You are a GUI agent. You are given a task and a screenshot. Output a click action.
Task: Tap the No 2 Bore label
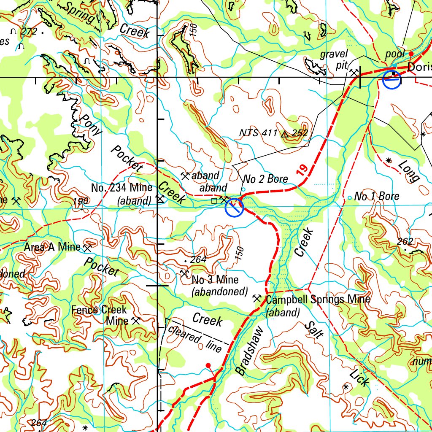point(265,179)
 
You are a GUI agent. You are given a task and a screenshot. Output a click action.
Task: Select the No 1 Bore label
point(376,196)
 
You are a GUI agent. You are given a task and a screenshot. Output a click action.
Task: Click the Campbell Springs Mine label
point(318,300)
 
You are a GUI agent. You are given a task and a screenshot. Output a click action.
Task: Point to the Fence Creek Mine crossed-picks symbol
point(135,321)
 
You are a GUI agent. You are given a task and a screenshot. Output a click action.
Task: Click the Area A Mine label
point(51,247)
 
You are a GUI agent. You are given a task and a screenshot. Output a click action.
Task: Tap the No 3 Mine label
point(215,280)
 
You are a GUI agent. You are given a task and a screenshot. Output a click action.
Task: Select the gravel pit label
point(334,59)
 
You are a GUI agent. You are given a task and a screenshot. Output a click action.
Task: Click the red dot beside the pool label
point(411,54)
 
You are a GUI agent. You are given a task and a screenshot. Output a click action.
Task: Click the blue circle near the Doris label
point(392,80)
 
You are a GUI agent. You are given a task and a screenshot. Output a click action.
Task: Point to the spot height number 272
point(30,31)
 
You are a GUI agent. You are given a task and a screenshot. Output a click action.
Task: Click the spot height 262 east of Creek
point(405,241)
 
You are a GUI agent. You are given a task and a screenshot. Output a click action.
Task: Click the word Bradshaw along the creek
point(249,351)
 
